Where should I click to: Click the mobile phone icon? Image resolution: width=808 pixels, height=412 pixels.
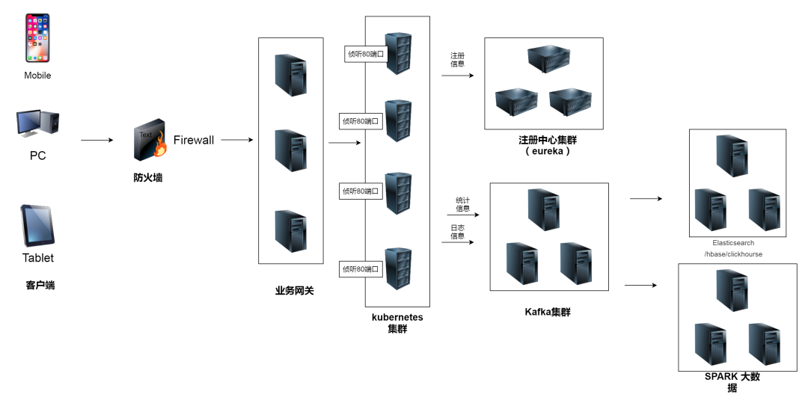[37, 37]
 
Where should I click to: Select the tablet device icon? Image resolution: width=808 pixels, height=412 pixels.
[37, 225]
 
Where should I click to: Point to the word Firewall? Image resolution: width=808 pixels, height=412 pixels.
[194, 140]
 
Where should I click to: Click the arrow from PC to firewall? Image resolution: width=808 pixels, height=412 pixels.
[97, 140]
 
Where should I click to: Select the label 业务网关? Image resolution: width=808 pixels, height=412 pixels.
[294, 290]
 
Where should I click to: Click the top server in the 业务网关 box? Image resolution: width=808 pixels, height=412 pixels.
[290, 75]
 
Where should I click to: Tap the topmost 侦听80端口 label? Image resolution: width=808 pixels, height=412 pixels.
[365, 54]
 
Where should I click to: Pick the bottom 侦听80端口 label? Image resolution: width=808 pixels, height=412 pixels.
[361, 268]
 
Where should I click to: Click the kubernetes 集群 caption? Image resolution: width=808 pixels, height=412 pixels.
[397, 323]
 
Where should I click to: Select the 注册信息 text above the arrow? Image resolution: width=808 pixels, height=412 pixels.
[457, 60]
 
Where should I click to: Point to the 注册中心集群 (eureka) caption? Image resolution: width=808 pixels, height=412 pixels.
[548, 145]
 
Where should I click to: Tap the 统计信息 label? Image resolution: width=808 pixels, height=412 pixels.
[463, 204]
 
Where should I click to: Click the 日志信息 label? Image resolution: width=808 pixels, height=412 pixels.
[457, 232]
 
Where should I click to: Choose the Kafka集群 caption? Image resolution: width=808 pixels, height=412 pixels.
[548, 312]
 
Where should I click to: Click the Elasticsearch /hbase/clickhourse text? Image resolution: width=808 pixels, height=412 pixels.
[733, 248]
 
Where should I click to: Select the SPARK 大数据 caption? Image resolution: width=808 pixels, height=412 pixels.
[732, 382]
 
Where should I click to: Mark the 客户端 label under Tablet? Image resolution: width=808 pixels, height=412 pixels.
[40, 285]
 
